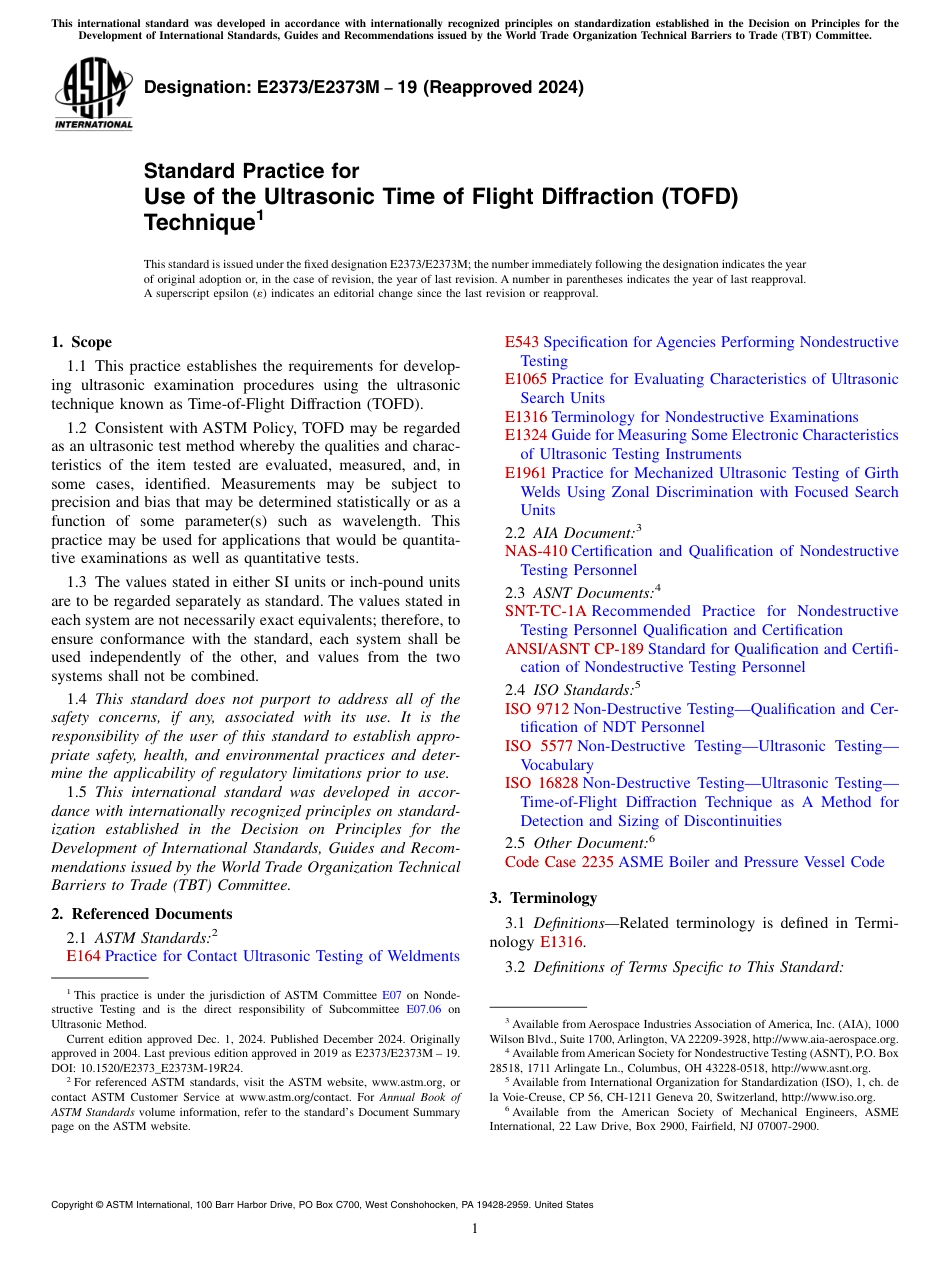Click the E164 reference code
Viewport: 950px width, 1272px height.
pos(83,956)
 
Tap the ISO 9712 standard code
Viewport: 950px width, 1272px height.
pos(537,709)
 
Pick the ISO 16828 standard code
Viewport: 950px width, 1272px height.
pos(541,783)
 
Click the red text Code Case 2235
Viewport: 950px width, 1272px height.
pos(559,861)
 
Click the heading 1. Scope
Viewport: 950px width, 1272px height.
pos(81,342)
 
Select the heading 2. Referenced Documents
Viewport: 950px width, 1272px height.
pos(141,914)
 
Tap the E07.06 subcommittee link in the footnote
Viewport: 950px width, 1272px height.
pos(432,1010)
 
